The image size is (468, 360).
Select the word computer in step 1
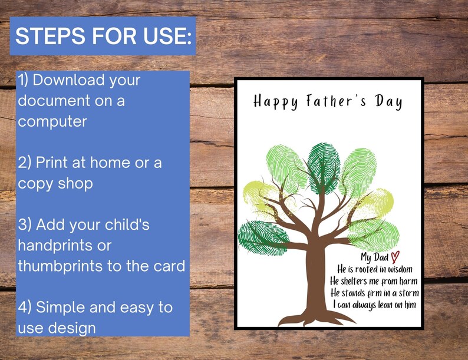pyautogui.click(x=52, y=121)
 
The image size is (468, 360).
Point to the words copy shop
pyautogui.click(x=55, y=183)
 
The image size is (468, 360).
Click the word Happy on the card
pyautogui.click(x=275, y=102)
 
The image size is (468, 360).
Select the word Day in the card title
pyautogui.click(x=390, y=102)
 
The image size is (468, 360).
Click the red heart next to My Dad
pyautogui.click(x=396, y=257)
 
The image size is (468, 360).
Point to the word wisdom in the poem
pyautogui.click(x=401, y=269)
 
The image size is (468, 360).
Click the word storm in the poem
pyautogui.click(x=406, y=293)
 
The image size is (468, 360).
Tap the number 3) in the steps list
pyautogui.click(x=25, y=224)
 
